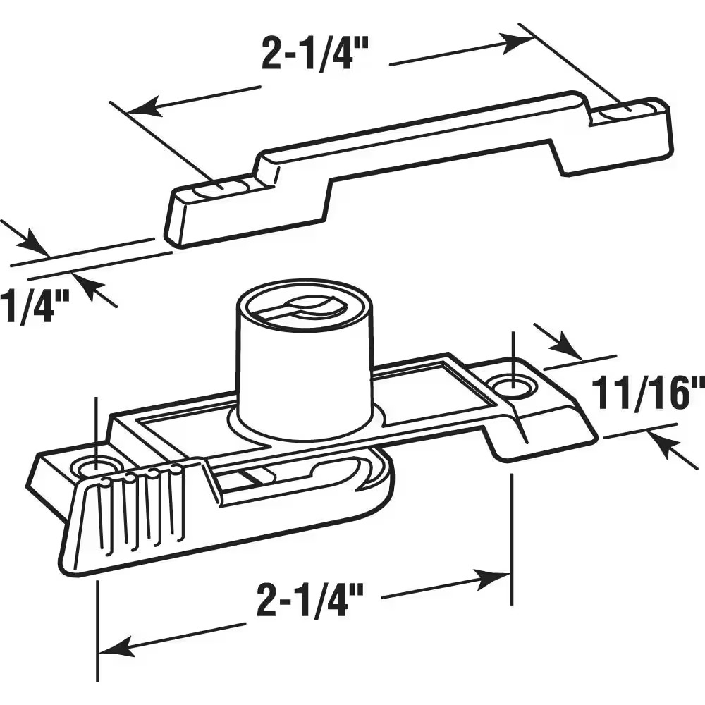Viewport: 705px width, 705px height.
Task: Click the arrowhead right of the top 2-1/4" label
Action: click(x=520, y=41)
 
